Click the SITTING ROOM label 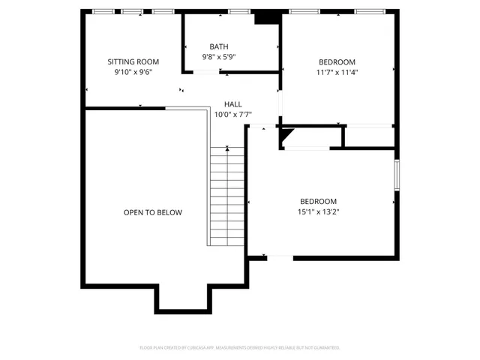pyautogui.click(x=133, y=61)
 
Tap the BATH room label pyautogui.click(x=218, y=46)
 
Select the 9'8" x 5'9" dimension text pyautogui.click(x=218, y=57)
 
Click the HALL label pyautogui.click(x=232, y=104)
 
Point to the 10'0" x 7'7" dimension pyautogui.click(x=232, y=115)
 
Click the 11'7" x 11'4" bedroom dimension pyautogui.click(x=337, y=73)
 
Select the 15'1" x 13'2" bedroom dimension pyautogui.click(x=318, y=212)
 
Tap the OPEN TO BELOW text pyautogui.click(x=153, y=212)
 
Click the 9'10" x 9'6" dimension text pyautogui.click(x=133, y=73)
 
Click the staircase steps pyautogui.click(x=226, y=195)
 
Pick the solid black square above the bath pyautogui.click(x=265, y=18)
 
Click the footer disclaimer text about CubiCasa pyautogui.click(x=240, y=347)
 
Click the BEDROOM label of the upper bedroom pyautogui.click(x=337, y=62)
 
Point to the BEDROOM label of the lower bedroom pyautogui.click(x=318, y=201)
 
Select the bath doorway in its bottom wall pyautogui.click(x=207, y=72)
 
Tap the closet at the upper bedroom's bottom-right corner pyautogui.click(x=368, y=136)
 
